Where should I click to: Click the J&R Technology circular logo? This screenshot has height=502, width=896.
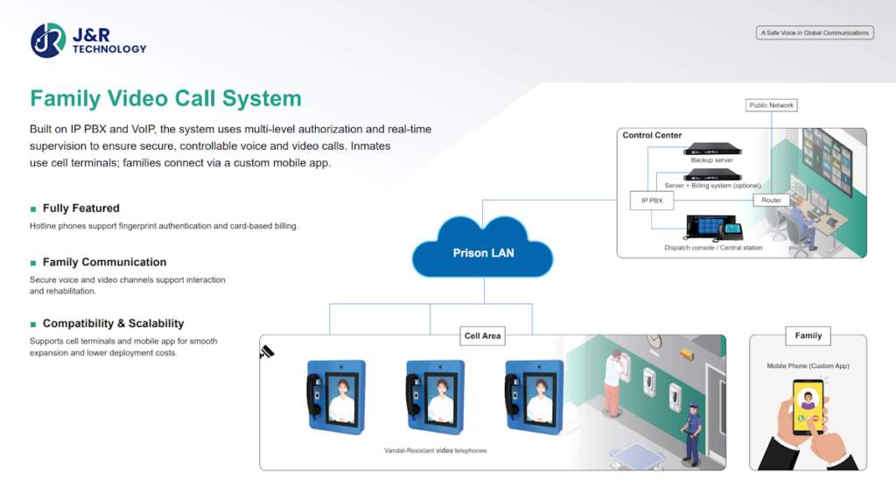point(48,40)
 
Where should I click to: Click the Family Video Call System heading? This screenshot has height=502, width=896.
point(165,98)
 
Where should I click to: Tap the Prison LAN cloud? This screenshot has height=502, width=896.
point(483,252)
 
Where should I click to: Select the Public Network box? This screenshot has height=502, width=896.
point(771,105)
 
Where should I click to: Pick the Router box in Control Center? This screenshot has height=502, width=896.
point(771,201)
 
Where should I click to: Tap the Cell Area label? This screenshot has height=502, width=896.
point(483,336)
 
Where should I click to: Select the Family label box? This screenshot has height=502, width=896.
point(808,336)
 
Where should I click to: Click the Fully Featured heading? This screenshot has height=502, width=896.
point(80,209)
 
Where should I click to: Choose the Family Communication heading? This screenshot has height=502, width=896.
point(104,262)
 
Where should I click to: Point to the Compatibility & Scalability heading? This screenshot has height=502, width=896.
point(113,323)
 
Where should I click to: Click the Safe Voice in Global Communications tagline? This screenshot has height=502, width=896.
point(814,33)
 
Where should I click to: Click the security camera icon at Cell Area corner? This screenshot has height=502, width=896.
point(267,352)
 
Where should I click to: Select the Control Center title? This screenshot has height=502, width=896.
point(652,136)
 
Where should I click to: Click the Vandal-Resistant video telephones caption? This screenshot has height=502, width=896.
point(435,450)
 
